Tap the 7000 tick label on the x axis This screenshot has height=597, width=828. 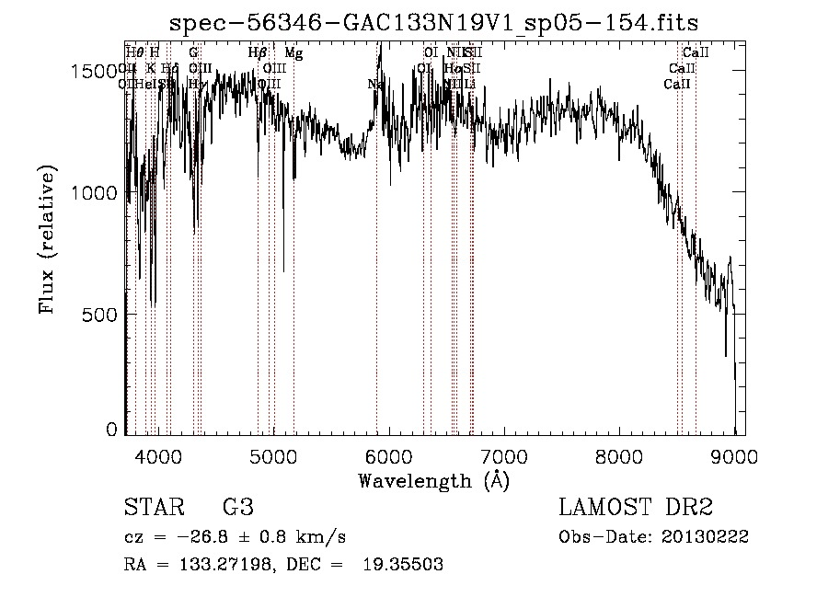click(x=504, y=455)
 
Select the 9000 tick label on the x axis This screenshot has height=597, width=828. click(x=734, y=455)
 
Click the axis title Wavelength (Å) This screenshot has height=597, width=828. click(x=433, y=480)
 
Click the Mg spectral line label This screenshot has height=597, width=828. click(x=293, y=53)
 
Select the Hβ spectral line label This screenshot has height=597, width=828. click(x=257, y=53)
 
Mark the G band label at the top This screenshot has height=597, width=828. click(x=193, y=53)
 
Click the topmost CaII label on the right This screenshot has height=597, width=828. click(x=696, y=53)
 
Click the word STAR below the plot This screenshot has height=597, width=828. click(x=153, y=507)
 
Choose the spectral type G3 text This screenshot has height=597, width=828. click(x=237, y=507)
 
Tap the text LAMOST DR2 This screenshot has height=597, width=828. click(x=635, y=507)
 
